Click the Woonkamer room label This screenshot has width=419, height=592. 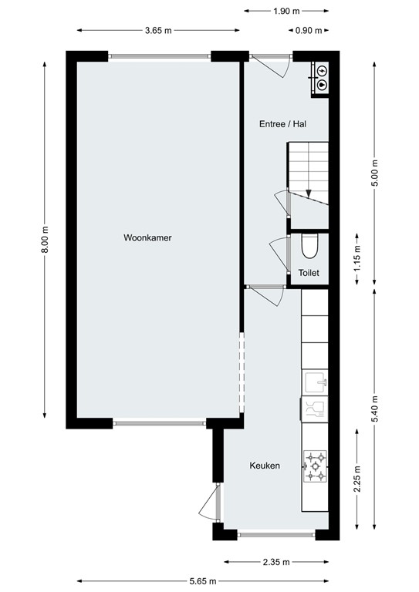(147, 238)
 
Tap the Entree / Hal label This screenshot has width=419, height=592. (282, 123)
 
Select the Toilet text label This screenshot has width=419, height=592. (309, 272)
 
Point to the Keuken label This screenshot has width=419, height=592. (264, 466)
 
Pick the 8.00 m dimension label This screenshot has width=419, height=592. (46, 239)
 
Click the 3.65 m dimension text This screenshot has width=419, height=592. (157, 31)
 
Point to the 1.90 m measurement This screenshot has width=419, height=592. (286, 12)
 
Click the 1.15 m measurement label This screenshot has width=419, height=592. (356, 256)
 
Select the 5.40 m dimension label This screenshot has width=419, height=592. (376, 409)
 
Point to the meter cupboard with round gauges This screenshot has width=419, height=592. (321, 77)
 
